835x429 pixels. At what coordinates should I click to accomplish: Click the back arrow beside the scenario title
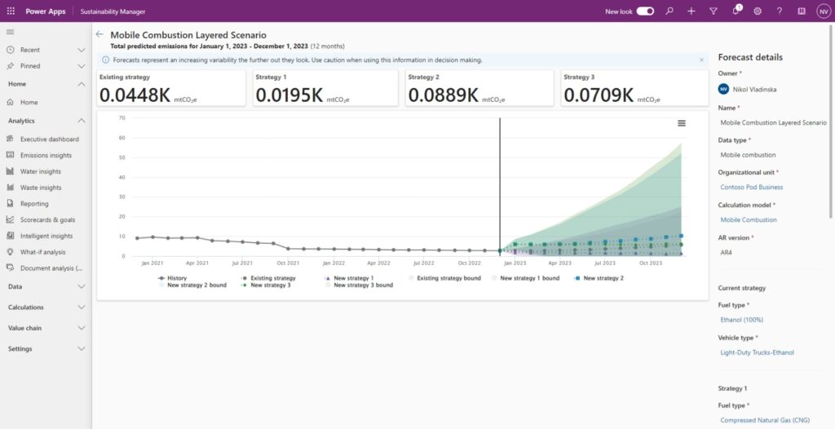(99, 35)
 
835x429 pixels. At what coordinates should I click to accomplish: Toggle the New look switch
(645, 11)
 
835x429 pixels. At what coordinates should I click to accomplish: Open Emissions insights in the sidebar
(46, 155)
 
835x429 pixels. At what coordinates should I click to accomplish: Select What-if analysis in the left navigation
(42, 252)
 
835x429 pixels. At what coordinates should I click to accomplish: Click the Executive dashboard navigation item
(49, 139)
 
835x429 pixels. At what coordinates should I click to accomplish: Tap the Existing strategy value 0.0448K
(135, 95)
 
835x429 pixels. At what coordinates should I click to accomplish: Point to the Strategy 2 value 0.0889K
(443, 95)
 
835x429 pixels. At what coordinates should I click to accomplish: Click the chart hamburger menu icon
(682, 123)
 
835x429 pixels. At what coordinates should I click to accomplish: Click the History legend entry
(176, 278)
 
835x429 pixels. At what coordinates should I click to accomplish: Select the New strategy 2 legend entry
(603, 278)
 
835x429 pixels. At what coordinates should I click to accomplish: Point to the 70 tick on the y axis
(121, 117)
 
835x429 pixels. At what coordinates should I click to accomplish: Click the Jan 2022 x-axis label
(333, 263)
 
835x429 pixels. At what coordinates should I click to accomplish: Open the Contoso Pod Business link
(751, 188)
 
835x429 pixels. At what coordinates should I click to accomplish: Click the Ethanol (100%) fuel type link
(741, 320)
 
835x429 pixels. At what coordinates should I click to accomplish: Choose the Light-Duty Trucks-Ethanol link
(757, 352)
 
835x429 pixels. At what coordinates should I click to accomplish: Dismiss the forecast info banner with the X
(701, 60)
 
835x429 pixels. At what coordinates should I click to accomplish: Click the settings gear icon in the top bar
(758, 11)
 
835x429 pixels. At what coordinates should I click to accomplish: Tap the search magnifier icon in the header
(669, 11)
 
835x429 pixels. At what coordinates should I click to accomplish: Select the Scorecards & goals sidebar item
(47, 220)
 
